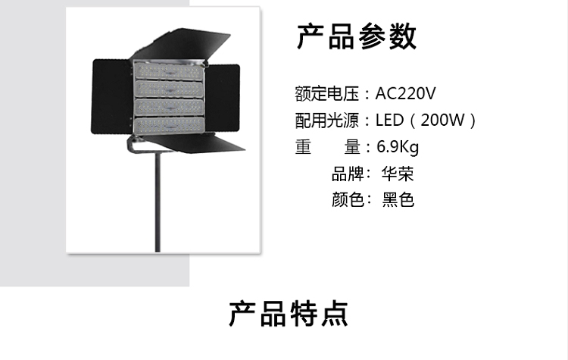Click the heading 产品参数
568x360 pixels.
point(356,36)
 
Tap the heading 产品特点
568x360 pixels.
point(289,313)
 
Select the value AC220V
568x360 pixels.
point(406,94)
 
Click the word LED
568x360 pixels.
point(390,121)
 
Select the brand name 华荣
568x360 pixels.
point(398,174)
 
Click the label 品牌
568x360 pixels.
point(348,174)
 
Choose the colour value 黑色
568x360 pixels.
point(398,200)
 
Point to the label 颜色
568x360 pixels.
point(348,200)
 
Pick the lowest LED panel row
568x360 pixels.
point(170,124)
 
